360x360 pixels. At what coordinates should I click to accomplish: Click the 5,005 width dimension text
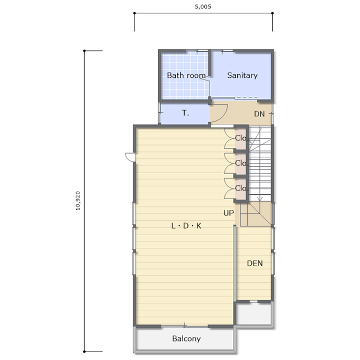(x=203, y=7)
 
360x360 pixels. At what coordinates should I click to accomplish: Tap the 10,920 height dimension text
(x=78, y=201)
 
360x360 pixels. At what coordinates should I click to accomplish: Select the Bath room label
(x=186, y=75)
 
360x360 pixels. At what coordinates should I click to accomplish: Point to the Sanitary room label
(x=242, y=75)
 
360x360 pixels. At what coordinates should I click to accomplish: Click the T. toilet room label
(x=185, y=113)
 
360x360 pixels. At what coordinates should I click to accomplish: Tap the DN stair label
(x=259, y=114)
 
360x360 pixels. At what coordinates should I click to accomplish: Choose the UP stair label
(x=229, y=213)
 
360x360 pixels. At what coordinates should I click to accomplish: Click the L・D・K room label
(x=186, y=226)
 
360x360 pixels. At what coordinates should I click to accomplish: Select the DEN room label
(x=255, y=263)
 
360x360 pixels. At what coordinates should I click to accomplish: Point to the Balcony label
(x=186, y=339)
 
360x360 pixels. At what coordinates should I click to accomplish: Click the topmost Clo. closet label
(x=242, y=138)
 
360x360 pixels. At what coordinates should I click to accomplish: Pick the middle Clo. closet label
(x=242, y=163)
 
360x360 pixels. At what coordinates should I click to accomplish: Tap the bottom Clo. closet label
(x=242, y=188)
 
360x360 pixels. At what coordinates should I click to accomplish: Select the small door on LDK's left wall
(x=130, y=157)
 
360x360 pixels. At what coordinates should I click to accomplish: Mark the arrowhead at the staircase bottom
(x=259, y=199)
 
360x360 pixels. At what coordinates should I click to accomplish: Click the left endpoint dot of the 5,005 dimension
(x=134, y=13)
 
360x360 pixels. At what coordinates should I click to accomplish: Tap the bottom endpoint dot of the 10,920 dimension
(x=85, y=352)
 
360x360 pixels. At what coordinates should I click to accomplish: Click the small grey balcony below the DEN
(x=254, y=314)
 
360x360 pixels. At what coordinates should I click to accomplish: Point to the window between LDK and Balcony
(x=184, y=326)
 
